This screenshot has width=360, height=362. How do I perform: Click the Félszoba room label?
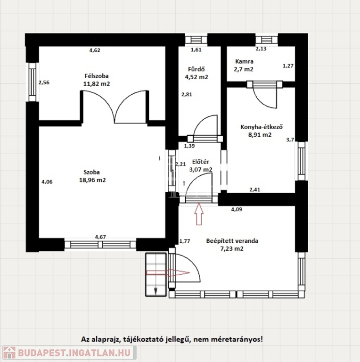click(x=97, y=76)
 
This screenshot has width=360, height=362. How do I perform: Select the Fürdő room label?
click(x=196, y=69)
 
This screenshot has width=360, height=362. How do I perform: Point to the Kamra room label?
click(x=244, y=61)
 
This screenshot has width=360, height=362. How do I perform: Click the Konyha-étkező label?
click(x=262, y=127)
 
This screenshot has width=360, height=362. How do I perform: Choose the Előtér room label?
click(x=201, y=162)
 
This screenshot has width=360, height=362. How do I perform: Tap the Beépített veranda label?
click(x=232, y=241)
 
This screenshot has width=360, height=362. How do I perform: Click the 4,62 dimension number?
click(x=95, y=50)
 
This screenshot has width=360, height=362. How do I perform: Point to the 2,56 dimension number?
click(x=44, y=82)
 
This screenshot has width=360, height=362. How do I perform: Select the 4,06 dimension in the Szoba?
click(x=47, y=181)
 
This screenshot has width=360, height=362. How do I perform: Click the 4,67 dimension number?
click(x=100, y=237)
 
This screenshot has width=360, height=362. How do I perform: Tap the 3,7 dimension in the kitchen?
click(x=290, y=140)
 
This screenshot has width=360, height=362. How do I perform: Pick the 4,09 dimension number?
click(x=237, y=209)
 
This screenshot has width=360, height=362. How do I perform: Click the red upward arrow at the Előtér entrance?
click(x=199, y=214)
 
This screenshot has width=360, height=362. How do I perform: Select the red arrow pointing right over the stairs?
click(x=168, y=272)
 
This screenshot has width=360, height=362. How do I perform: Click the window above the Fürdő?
click(x=196, y=40)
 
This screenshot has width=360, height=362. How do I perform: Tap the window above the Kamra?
click(x=267, y=40)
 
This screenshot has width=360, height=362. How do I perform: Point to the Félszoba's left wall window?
click(x=33, y=82)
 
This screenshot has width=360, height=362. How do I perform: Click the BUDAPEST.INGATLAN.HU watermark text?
click(x=74, y=353)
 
